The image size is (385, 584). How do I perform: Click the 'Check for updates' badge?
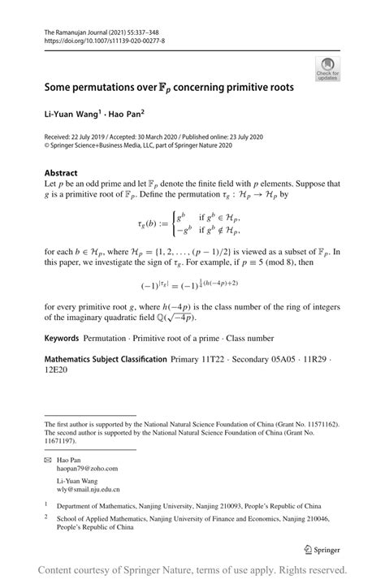point(328,68)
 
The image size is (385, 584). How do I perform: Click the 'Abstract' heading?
point(62,172)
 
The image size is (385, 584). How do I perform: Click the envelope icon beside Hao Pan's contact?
point(50,458)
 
